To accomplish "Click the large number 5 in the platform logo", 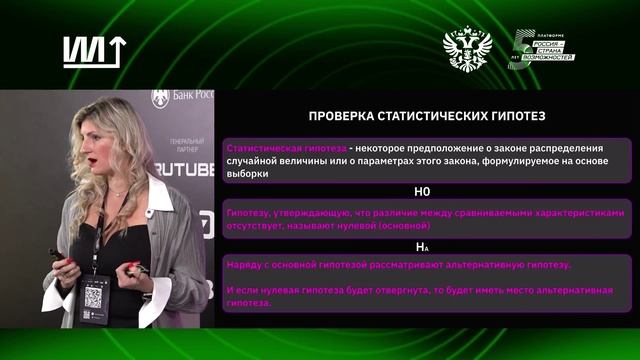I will click(522, 48).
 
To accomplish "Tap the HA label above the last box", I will click(422, 246).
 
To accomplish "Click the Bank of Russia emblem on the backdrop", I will click(160, 98).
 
